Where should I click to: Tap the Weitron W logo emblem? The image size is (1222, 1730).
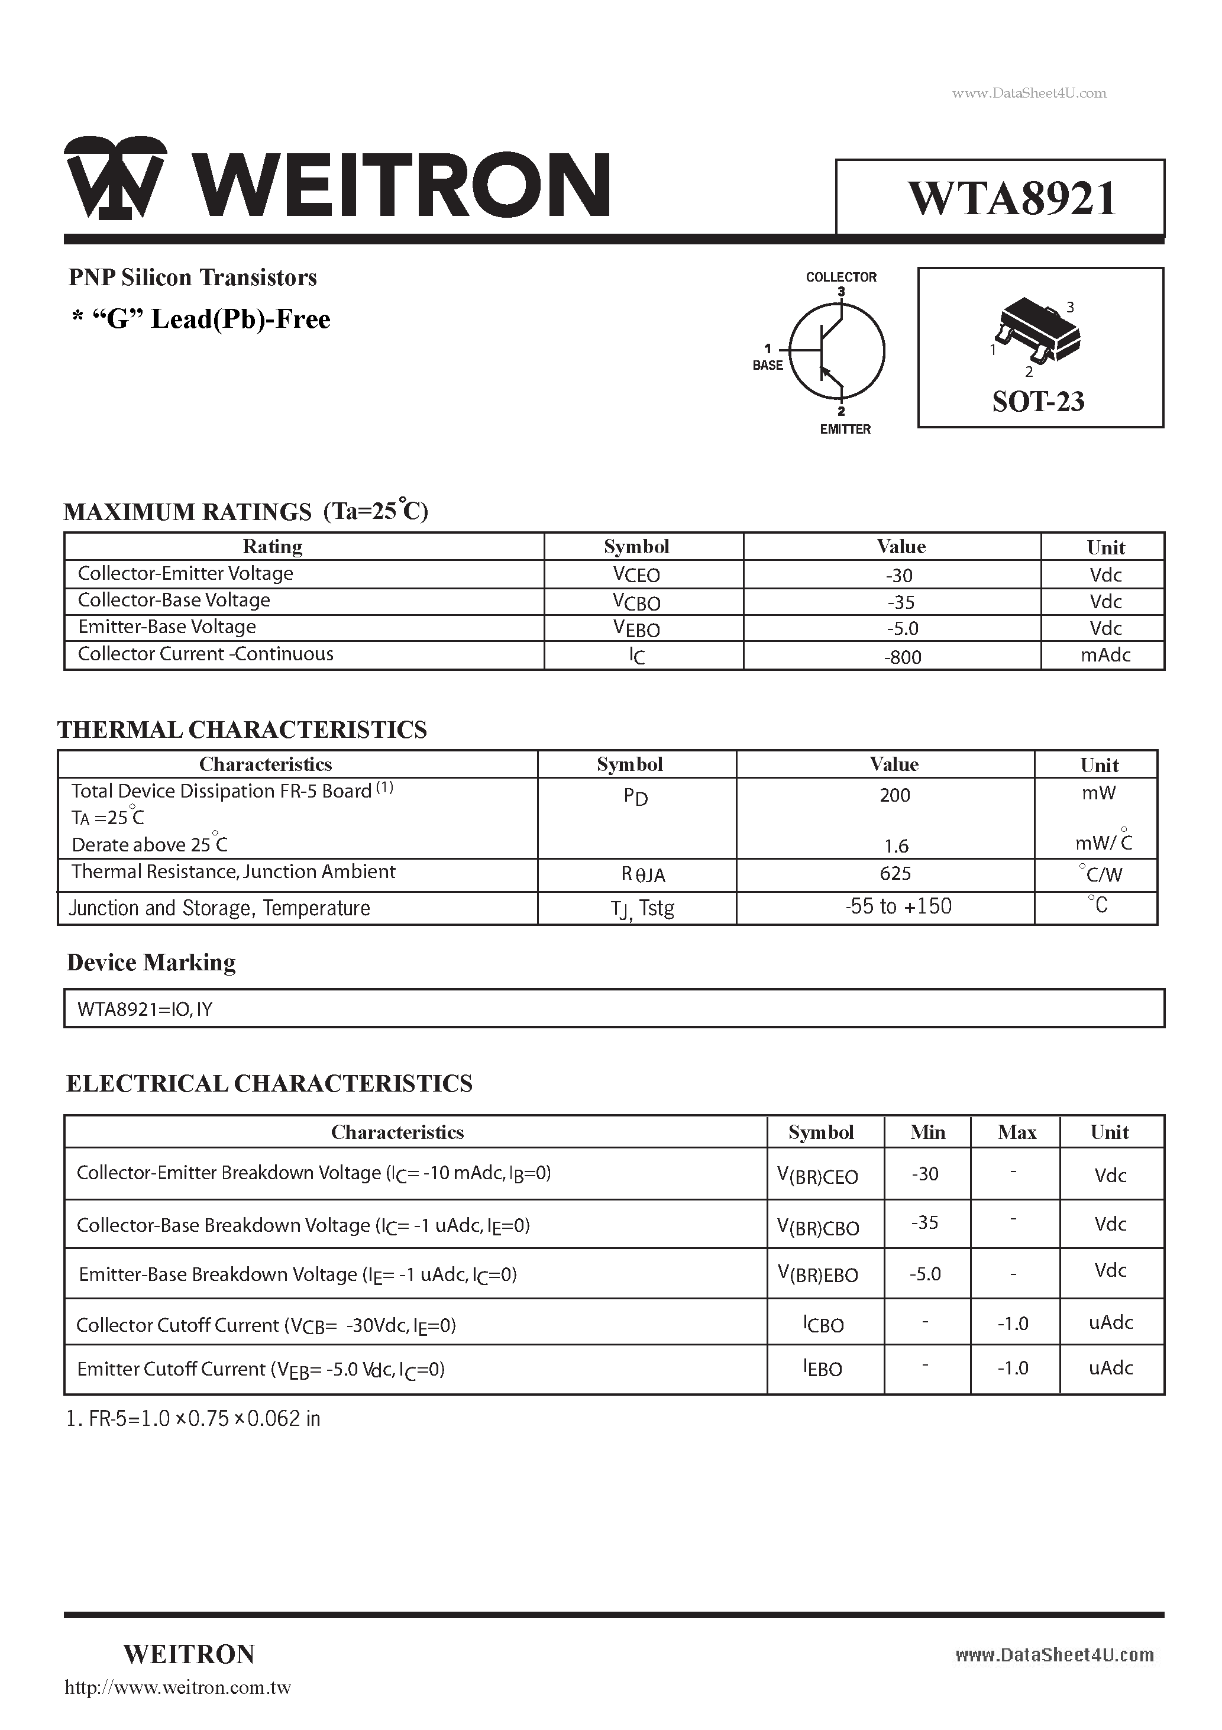pyautogui.click(x=115, y=179)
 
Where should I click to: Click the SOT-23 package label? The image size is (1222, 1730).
pyautogui.click(x=1037, y=402)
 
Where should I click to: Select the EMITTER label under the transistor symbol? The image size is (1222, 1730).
pyautogui.click(x=845, y=430)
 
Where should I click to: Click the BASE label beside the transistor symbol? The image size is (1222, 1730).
pyautogui.click(x=767, y=366)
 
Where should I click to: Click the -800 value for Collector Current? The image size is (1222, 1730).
pyautogui.click(x=903, y=657)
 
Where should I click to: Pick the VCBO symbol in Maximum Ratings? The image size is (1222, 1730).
pyautogui.click(x=636, y=602)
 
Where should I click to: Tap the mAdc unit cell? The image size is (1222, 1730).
pyautogui.click(x=1105, y=656)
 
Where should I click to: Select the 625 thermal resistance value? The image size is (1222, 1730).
pyautogui.click(x=895, y=874)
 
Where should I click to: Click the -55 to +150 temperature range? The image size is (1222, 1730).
pyautogui.click(x=898, y=906)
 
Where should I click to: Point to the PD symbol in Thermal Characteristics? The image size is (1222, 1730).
pyautogui.click(x=635, y=797)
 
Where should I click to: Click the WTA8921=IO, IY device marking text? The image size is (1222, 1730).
pyautogui.click(x=145, y=1009)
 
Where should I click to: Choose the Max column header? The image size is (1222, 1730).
pyautogui.click(x=1016, y=1132)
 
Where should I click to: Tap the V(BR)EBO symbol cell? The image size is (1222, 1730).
pyautogui.click(x=817, y=1274)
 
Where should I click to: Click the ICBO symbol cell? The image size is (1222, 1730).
pyautogui.click(x=823, y=1324)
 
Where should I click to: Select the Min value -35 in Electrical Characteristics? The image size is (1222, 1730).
pyautogui.click(x=924, y=1223)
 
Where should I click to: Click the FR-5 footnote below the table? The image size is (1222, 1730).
pyautogui.click(x=193, y=1419)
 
